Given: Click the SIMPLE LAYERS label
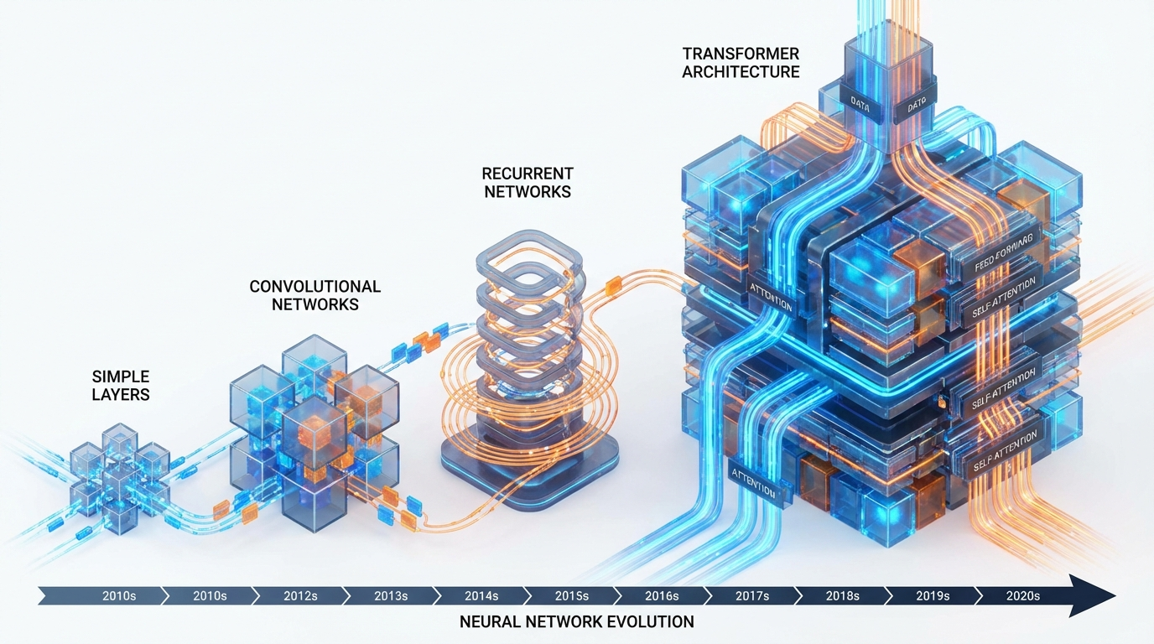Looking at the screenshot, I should point(121,386).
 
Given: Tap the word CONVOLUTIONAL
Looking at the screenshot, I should point(315,287).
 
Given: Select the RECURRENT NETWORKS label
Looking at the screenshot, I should point(527,183).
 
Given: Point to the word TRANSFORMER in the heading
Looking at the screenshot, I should point(741,54).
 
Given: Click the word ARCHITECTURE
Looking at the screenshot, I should point(741,72).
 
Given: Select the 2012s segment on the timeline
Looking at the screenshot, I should point(299,596).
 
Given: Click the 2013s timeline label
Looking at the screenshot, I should point(390,596).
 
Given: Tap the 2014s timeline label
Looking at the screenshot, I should point(481,596).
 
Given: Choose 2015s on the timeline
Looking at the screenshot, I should point(571,596).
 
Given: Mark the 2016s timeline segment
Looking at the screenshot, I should point(662,596).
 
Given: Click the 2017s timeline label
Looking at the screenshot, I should point(752,596).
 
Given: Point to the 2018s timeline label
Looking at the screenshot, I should point(842,596).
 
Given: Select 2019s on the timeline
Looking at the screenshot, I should point(933,596).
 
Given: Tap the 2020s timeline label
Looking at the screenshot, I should point(1022,596).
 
